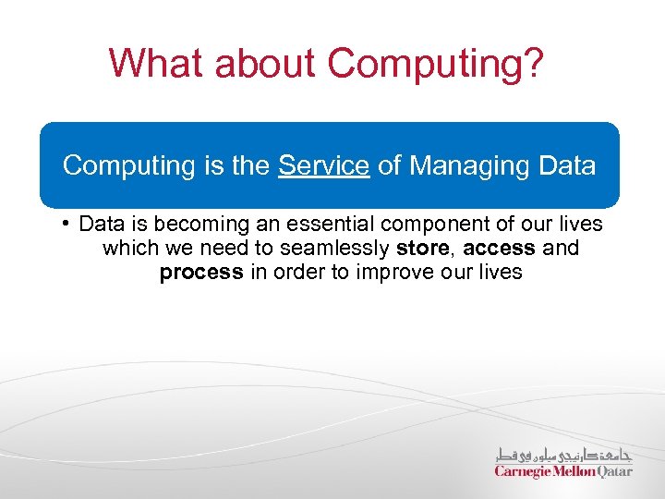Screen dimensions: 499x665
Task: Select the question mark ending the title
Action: tap(533, 64)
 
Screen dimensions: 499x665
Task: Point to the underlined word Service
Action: tap(323, 166)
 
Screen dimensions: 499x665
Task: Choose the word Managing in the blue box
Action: tap(456, 166)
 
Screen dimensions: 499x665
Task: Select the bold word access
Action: tap(499, 249)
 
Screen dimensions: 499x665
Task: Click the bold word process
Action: tap(200, 273)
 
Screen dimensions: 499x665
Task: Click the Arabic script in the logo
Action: tap(564, 456)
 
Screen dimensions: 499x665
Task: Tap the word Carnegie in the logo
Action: tap(522, 471)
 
